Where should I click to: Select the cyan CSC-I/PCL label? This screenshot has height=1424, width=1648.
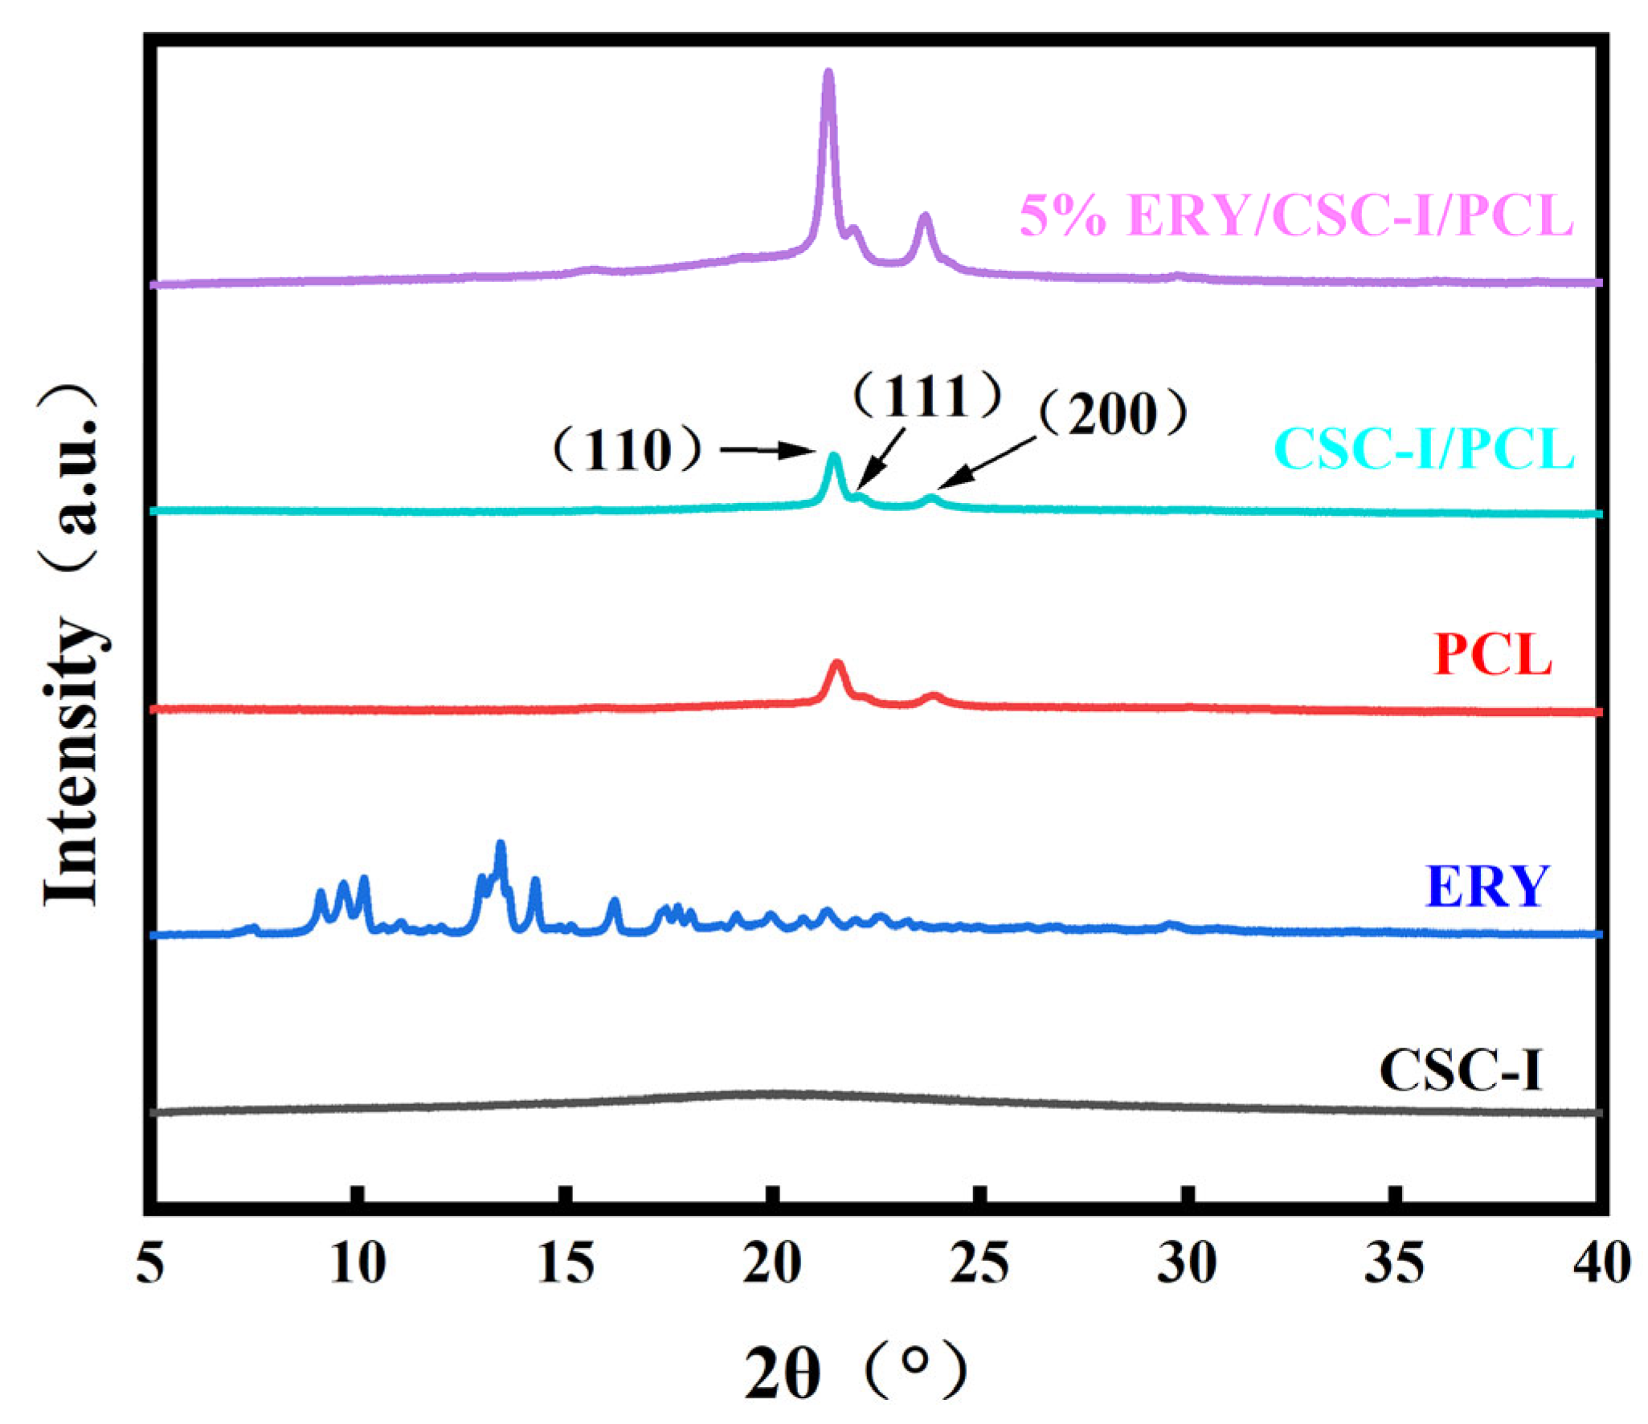(x=1423, y=448)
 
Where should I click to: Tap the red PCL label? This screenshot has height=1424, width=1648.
(x=1492, y=655)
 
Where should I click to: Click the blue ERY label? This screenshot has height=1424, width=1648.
(x=1486, y=886)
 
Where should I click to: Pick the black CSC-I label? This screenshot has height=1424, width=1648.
(x=1461, y=1070)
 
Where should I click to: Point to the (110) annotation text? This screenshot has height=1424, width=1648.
(x=628, y=449)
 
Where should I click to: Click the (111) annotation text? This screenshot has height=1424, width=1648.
(x=926, y=395)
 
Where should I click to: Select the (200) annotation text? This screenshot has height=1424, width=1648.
(x=1112, y=414)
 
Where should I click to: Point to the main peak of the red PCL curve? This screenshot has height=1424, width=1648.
(x=837, y=664)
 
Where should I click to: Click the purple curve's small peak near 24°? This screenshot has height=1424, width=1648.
(x=925, y=217)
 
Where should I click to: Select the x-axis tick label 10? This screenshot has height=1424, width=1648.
(x=358, y=1262)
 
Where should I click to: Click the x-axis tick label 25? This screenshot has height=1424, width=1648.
(x=979, y=1262)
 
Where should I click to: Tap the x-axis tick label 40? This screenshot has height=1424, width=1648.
(x=1601, y=1262)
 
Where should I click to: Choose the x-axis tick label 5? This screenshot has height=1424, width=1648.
(x=150, y=1262)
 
